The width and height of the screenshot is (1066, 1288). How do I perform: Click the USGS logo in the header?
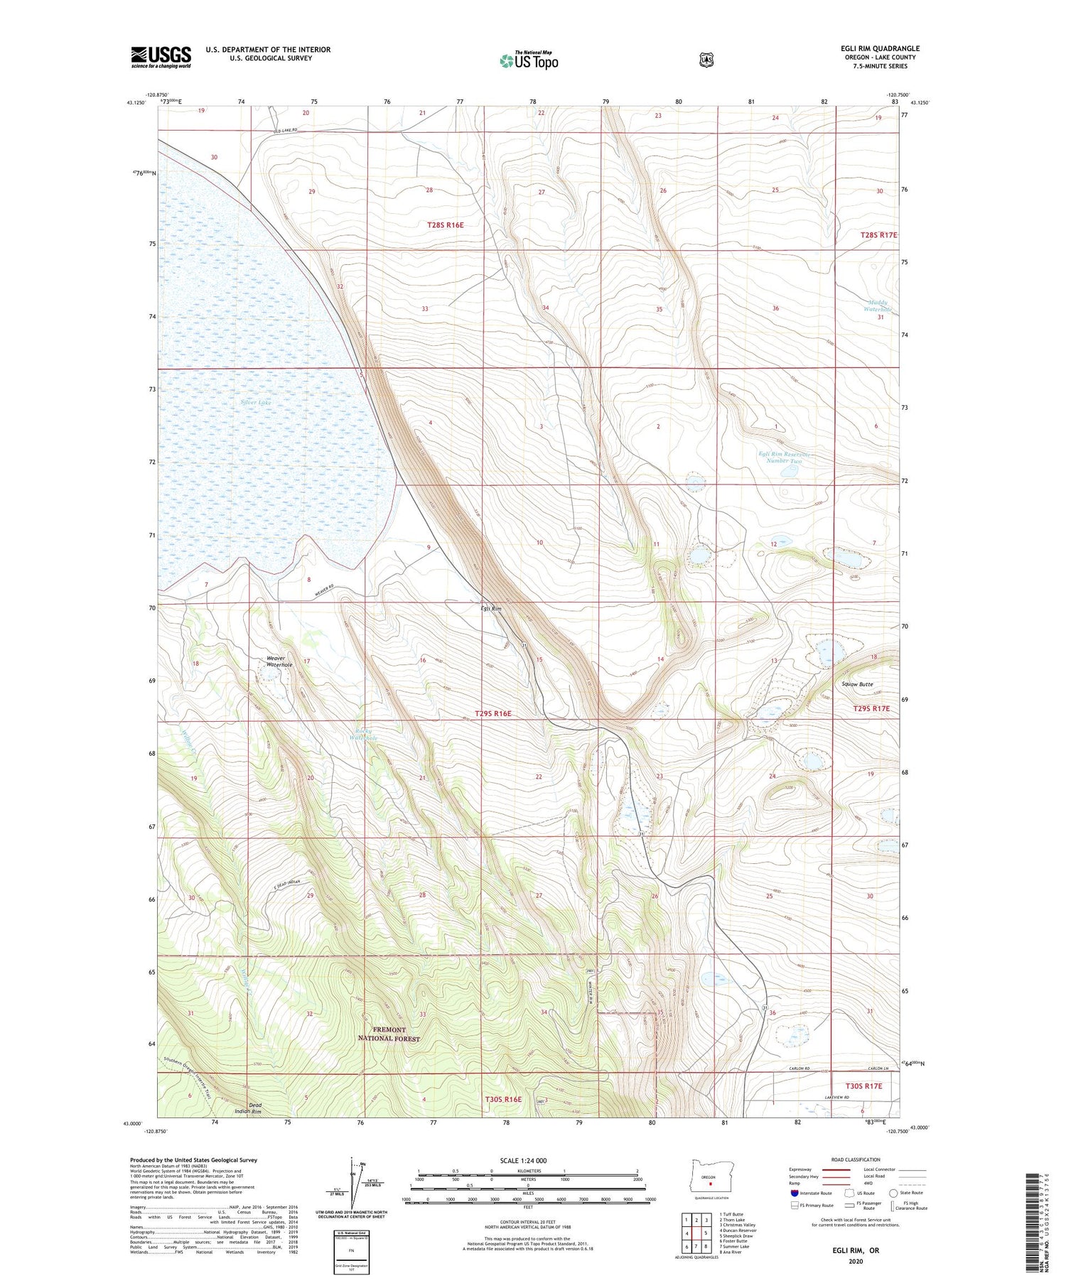click(x=161, y=57)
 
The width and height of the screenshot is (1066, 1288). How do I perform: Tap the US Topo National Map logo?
click(x=529, y=60)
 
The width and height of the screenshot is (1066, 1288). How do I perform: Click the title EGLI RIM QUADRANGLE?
click(x=879, y=48)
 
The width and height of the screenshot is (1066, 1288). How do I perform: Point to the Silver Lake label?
click(x=256, y=402)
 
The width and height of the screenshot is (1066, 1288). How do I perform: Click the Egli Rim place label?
click(x=490, y=609)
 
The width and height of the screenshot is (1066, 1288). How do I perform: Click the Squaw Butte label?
click(x=857, y=684)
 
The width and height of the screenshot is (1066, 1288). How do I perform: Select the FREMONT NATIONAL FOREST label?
click(x=392, y=1034)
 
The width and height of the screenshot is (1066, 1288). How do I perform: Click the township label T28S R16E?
click(x=445, y=225)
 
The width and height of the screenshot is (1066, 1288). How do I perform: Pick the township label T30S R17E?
click(x=863, y=1086)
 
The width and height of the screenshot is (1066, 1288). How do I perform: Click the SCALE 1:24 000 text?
click(x=523, y=1160)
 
